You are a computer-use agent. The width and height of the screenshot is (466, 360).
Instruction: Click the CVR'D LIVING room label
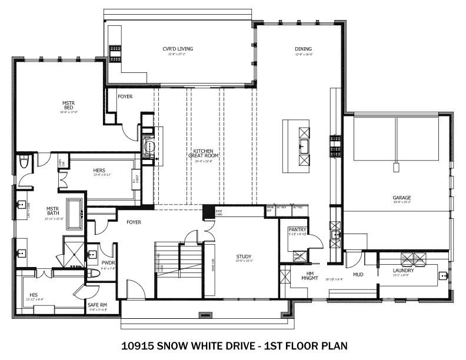pos(178,49)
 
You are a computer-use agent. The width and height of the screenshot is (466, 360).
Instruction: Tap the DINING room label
pos(304,49)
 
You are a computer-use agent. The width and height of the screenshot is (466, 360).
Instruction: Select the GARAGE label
pos(402,198)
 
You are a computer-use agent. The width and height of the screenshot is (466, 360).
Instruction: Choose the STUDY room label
pos(244,256)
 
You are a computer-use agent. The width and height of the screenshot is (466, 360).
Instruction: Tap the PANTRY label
pos(297,229)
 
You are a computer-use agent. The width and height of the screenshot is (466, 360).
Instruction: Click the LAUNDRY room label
pos(403,271)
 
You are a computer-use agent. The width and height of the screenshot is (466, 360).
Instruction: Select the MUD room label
pos(358,274)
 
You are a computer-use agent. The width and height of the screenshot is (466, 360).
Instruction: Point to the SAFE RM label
pos(96,305)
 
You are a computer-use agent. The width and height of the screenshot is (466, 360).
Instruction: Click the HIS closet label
pos(34,295)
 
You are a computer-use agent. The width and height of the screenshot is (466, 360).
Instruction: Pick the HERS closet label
pos(99,171)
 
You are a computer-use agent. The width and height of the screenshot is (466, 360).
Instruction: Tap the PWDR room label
pos(108,264)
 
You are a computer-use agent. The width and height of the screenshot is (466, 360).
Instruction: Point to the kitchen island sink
pos(304,146)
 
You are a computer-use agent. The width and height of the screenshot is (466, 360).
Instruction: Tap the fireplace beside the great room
pos(148,144)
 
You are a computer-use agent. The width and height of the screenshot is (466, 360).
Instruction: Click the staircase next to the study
pos(179,268)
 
